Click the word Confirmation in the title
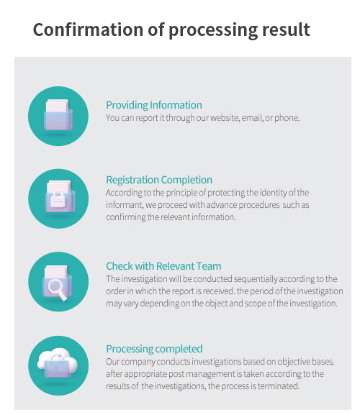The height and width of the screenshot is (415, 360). click(89, 29)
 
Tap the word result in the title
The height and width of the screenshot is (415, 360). click(286, 29)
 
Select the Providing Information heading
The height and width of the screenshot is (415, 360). click(154, 105)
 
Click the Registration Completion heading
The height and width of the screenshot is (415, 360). click(159, 180)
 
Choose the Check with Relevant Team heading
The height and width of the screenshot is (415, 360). click(163, 266)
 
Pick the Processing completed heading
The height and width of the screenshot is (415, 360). click(154, 349)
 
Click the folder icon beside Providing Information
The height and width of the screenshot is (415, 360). click(58, 115)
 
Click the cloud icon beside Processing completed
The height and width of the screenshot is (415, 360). click(58, 362)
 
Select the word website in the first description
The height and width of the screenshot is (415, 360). click(225, 118)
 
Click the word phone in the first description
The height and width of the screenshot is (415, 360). click(287, 118)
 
